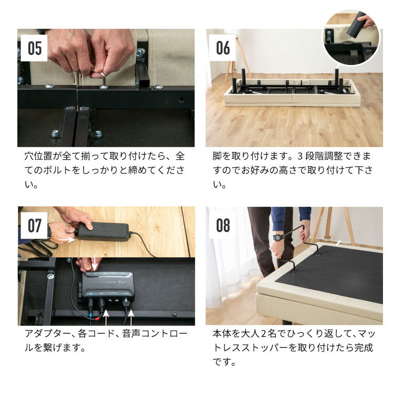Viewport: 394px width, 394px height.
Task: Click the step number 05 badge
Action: click(35, 48)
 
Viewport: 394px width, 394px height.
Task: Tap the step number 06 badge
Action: click(223, 48)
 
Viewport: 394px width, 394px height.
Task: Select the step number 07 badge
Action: click(35, 226)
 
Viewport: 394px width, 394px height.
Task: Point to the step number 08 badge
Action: click(223, 226)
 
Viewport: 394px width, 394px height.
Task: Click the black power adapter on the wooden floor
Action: click(103, 231)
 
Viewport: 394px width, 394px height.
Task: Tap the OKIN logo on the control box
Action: click(110, 282)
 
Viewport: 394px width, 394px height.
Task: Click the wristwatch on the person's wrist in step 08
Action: click(278, 237)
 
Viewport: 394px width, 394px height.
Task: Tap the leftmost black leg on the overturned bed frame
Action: click(235, 85)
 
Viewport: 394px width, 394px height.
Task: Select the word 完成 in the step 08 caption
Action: click(362, 348)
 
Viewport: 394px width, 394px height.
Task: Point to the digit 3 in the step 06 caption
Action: click(299, 156)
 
